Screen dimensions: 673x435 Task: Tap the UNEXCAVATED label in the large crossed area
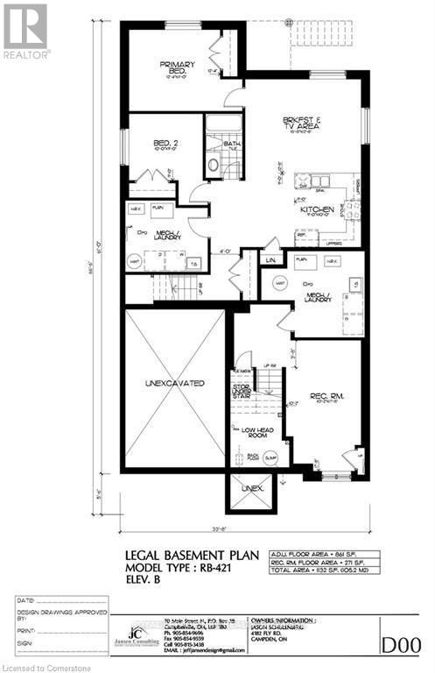175,384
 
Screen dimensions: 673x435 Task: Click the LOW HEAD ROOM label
247,431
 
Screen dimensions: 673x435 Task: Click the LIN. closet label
272,260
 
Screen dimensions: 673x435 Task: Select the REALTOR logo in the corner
25,31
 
